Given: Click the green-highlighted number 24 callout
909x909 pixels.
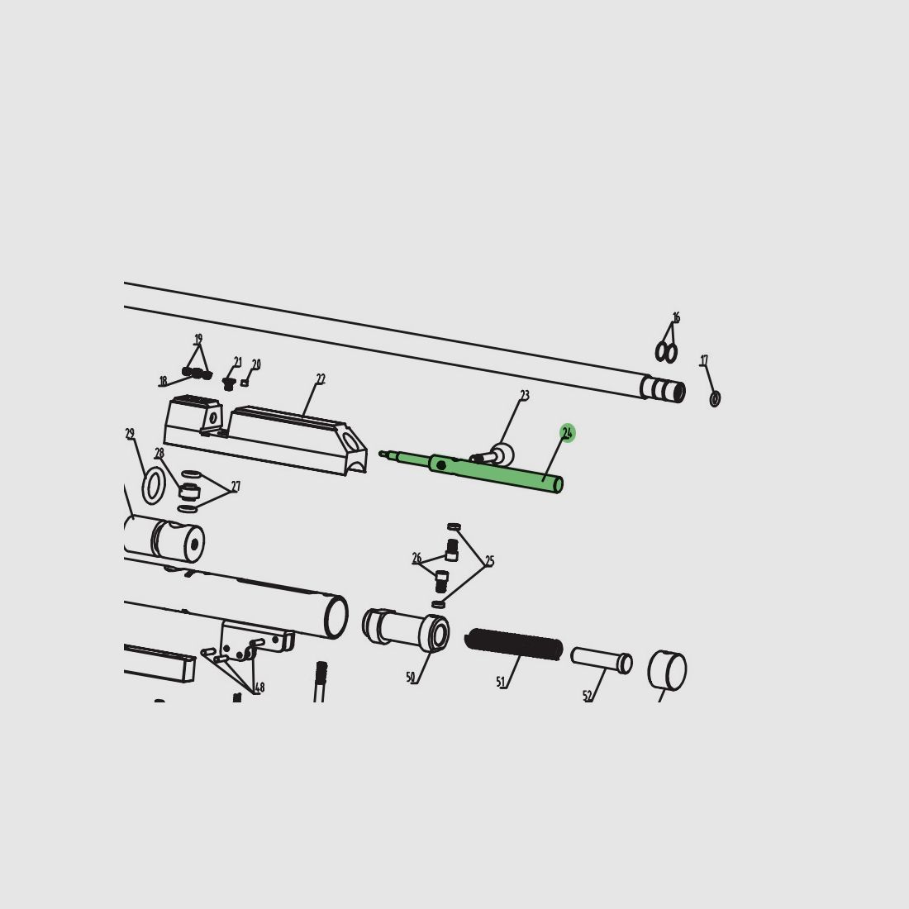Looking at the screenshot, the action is click(568, 432).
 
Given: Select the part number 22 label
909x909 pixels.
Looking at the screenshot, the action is click(321, 379).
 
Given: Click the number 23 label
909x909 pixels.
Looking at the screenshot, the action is click(525, 395).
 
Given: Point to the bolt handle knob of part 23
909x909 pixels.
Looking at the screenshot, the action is click(502, 454).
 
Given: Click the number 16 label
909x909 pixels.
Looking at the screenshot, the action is click(676, 317).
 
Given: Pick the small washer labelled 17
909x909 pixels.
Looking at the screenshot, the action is click(715, 399).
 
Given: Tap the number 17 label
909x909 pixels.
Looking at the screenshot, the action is click(704, 360).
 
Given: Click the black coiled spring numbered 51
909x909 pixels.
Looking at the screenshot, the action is click(514, 644).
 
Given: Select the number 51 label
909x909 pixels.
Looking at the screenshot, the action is click(501, 683).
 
